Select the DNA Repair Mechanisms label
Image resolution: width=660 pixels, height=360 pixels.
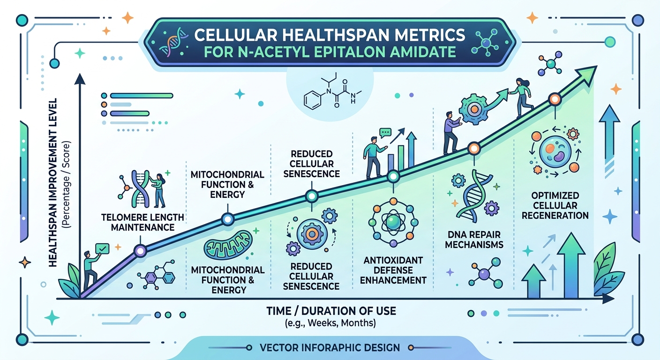474,239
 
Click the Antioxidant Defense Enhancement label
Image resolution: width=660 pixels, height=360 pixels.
394,270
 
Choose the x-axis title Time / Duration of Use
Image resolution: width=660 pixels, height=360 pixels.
331,310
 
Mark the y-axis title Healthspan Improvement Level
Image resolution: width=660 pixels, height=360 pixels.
53,183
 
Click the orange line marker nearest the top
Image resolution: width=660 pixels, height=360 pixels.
555,99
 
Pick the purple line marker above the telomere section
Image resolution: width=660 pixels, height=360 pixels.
140,252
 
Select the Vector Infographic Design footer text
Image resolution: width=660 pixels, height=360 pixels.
330,348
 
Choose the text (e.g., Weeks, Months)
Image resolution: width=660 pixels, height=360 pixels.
331,323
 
